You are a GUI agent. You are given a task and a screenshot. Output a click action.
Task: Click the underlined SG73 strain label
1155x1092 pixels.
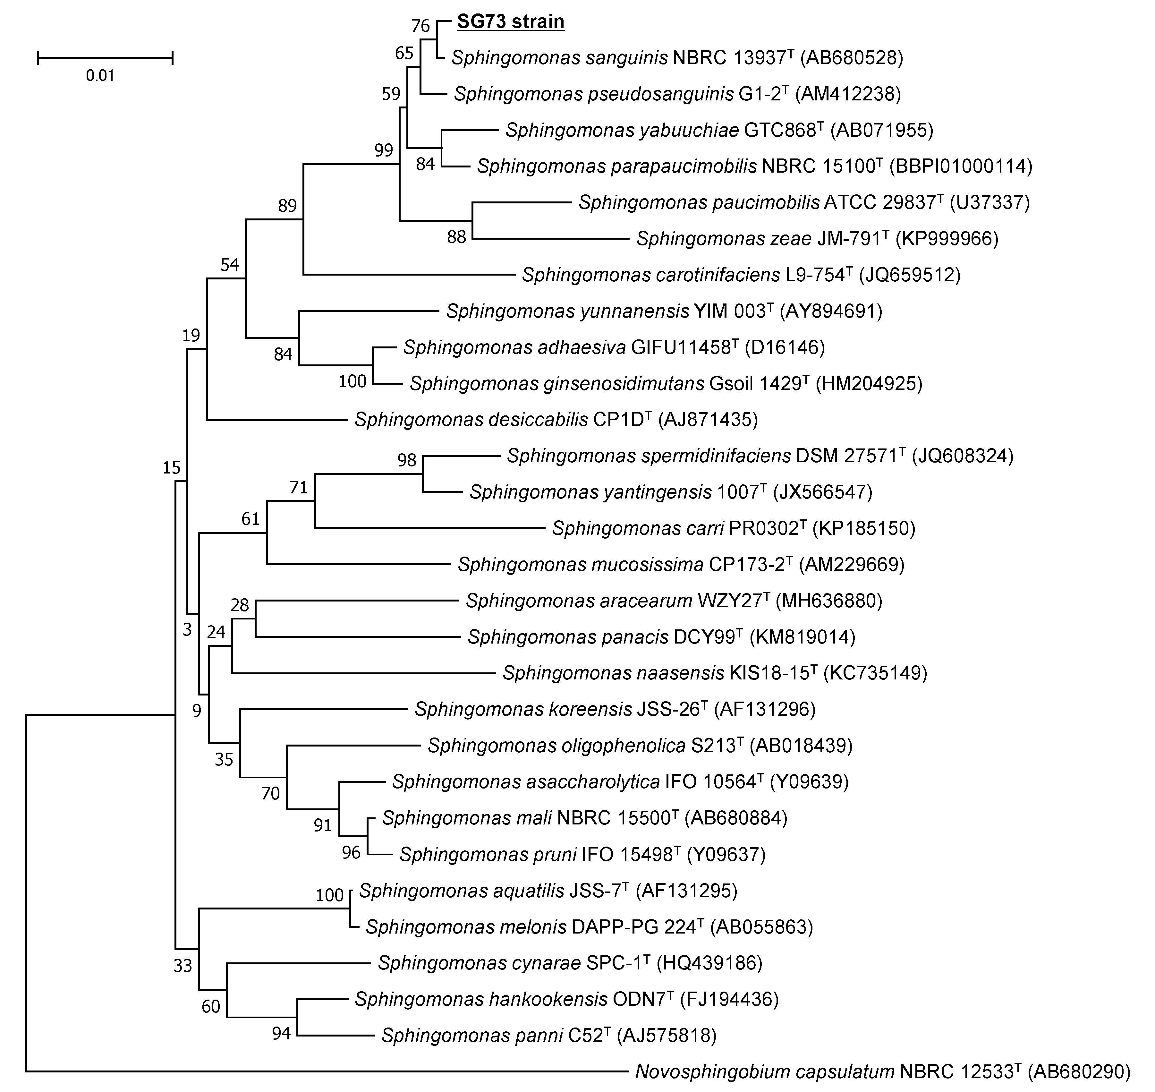click(510, 21)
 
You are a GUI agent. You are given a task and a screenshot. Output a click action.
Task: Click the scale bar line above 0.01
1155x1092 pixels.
click(105, 57)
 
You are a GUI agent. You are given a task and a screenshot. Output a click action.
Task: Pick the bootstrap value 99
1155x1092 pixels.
click(383, 150)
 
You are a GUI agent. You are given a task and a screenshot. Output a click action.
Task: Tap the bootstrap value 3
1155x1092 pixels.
click(187, 630)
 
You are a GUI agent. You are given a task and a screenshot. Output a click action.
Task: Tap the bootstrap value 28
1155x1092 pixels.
click(240, 605)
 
